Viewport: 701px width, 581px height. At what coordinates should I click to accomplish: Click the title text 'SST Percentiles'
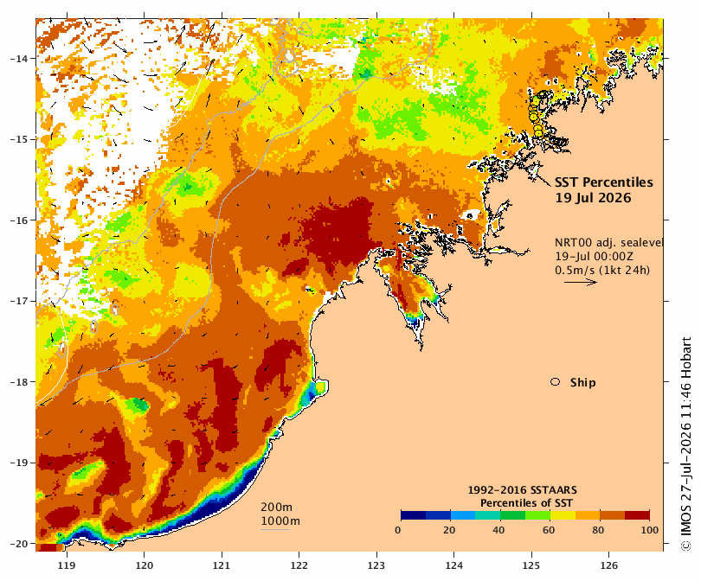(603, 182)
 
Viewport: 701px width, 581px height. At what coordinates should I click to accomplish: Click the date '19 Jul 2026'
(593, 198)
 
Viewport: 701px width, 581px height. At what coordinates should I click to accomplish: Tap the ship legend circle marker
(556, 382)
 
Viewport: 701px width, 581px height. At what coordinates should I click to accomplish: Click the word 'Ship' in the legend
(583, 383)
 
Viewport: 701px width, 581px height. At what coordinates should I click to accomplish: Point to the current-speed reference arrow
(581, 282)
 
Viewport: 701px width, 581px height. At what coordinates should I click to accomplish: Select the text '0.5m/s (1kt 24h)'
(602, 270)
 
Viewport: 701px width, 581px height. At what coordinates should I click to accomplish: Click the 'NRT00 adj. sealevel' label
(608, 242)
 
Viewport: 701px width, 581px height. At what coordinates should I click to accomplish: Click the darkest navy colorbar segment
(414, 515)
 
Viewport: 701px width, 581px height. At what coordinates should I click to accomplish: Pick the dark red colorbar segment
(637, 515)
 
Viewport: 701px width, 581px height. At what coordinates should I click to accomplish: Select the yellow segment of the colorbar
(563, 515)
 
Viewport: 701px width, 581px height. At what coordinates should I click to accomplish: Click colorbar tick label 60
(549, 530)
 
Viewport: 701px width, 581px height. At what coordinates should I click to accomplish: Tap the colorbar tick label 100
(650, 530)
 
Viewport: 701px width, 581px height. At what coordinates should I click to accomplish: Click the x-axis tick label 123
(376, 565)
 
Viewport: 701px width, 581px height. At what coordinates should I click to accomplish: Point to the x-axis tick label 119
(67, 565)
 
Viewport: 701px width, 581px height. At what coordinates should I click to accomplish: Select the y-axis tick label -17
(18, 301)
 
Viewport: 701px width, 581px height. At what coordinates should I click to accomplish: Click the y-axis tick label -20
(18, 544)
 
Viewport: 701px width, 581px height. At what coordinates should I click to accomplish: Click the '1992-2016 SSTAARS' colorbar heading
(522, 490)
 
